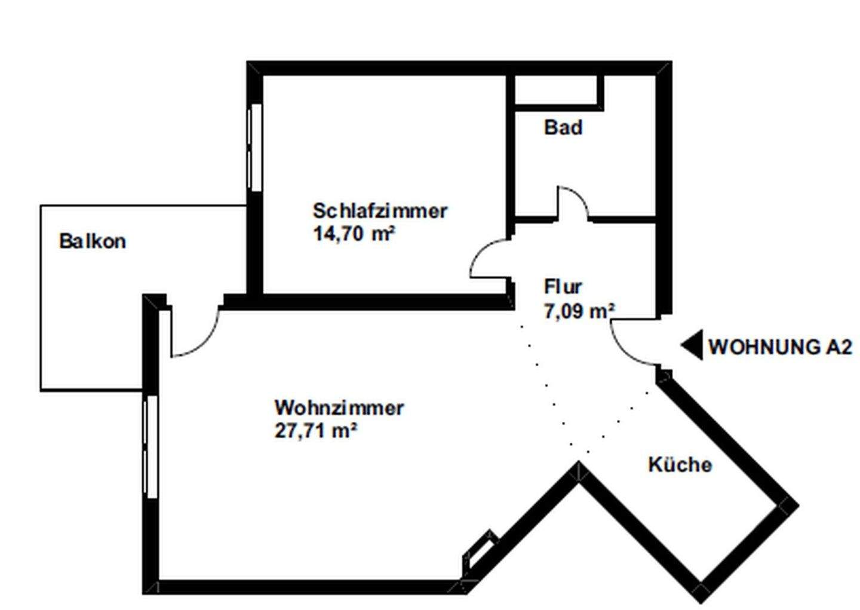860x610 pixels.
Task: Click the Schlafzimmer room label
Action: (380, 211)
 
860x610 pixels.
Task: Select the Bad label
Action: (563, 127)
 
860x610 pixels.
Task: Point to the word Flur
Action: (563, 287)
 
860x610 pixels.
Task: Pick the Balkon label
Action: (93, 241)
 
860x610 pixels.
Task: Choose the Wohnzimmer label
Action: (339, 407)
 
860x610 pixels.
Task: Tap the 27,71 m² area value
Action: (315, 430)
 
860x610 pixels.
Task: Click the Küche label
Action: (680, 464)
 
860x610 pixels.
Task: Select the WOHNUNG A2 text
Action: (780, 347)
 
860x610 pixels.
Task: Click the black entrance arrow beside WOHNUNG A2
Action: (692, 345)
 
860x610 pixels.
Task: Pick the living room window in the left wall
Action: (150, 447)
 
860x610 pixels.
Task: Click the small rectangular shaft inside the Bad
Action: (559, 91)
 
